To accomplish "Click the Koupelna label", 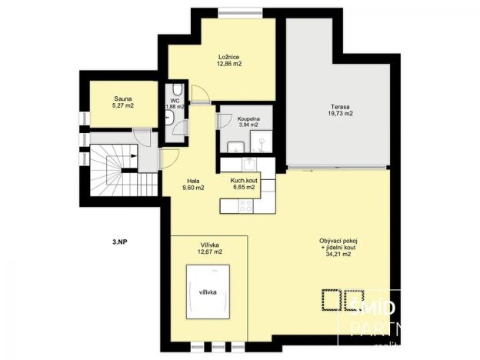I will point(248,119).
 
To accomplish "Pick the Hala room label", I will point(193,179).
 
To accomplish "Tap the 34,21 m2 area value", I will point(338,255).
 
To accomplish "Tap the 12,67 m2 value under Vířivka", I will point(209,252).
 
